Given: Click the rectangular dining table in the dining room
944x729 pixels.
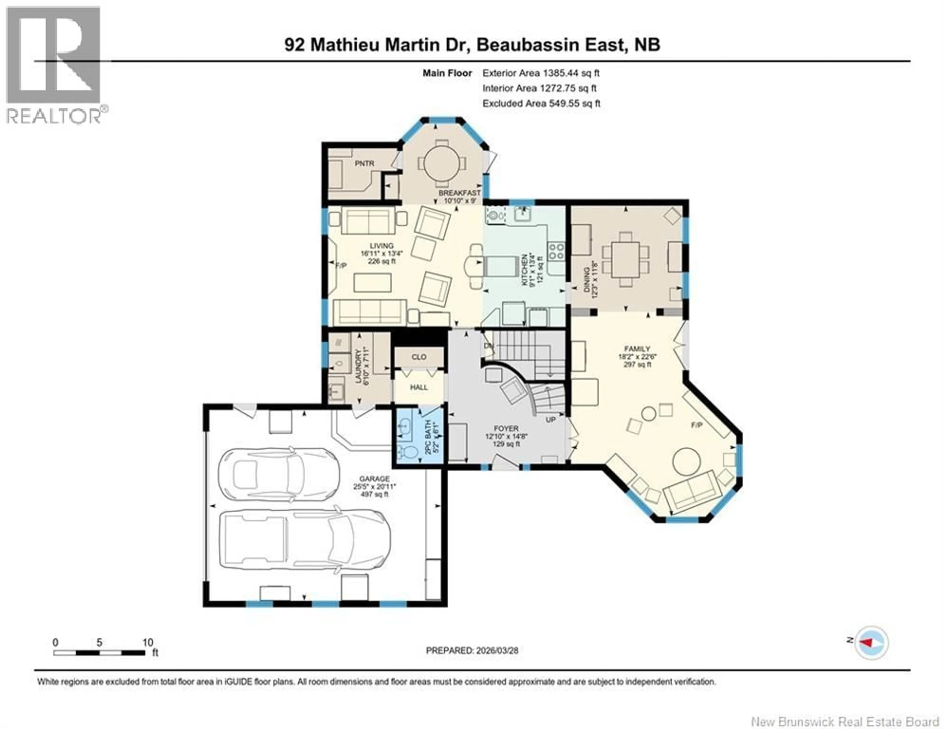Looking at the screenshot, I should click(x=625, y=259).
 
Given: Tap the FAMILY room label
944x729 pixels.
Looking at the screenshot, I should click(x=637, y=349).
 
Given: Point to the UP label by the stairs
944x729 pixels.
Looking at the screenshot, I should click(x=550, y=419).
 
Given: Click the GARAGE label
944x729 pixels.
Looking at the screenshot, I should click(x=374, y=479).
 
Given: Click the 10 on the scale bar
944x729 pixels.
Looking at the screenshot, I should click(x=147, y=642).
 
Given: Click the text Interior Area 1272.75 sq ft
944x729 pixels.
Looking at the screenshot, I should click(x=539, y=88).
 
